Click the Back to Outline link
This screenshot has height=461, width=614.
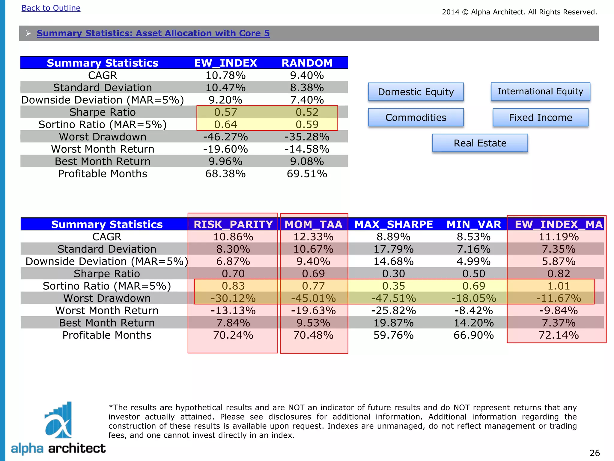[x=51, y=8]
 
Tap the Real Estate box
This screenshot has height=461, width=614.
[x=480, y=143]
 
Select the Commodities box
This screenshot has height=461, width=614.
[x=416, y=117]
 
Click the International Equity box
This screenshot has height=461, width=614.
[x=540, y=92]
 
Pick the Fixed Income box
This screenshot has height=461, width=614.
[x=540, y=117]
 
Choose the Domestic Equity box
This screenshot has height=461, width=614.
[x=416, y=92]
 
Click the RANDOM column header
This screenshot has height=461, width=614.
[x=307, y=63]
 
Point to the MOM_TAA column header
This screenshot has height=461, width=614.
[x=313, y=224]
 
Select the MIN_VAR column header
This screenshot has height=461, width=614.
[x=474, y=224]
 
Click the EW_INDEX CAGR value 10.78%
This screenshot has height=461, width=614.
[x=225, y=75]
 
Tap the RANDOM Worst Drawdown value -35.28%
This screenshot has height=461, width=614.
[x=307, y=137]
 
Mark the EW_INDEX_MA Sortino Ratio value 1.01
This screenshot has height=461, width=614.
[x=558, y=286]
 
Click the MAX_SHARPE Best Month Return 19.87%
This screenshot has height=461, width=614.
[x=393, y=323]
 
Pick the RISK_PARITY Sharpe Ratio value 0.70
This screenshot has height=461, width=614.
[x=233, y=274]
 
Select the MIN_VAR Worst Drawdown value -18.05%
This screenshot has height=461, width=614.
[x=474, y=298]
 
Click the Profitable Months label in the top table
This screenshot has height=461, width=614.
[x=103, y=174]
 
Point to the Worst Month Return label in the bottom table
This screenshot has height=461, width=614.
[x=107, y=311]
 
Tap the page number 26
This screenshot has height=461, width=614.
[x=595, y=453]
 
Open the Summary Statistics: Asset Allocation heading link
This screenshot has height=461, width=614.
[x=153, y=33]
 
